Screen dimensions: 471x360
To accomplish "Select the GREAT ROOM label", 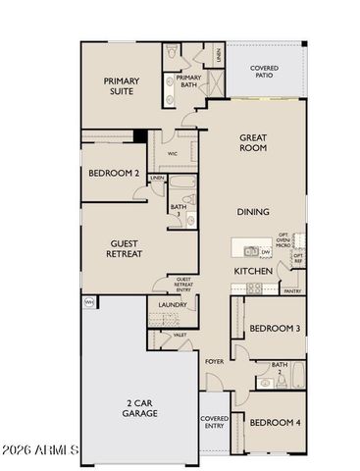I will tap(254, 144).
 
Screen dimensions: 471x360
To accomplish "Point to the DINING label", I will tap(253, 211).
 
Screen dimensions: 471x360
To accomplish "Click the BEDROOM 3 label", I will tap(274, 328).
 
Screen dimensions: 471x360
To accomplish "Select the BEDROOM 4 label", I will tap(274, 422).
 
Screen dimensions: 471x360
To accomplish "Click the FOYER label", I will tap(214, 362).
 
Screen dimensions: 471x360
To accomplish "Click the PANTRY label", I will tap(291, 291).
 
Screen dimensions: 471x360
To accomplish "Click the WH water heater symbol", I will tap(88, 301).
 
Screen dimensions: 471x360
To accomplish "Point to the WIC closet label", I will tap(173, 154).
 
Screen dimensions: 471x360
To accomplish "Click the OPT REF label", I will tap(298, 258).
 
